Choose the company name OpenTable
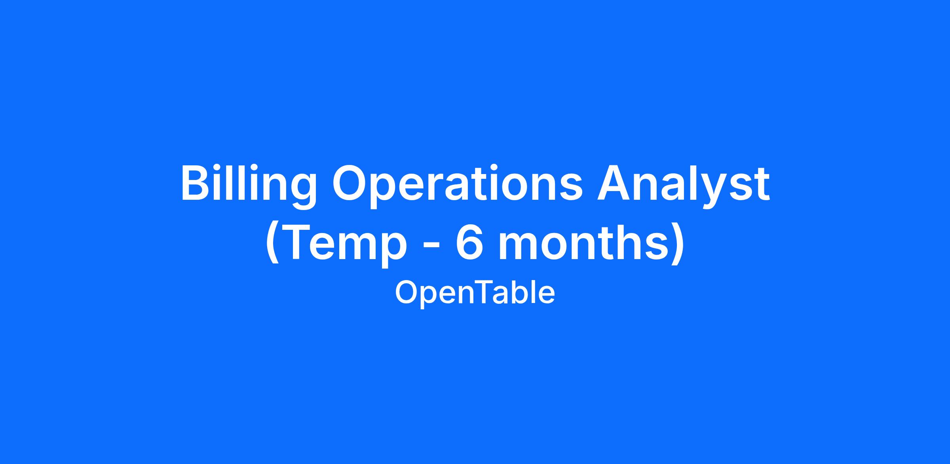pos(475,293)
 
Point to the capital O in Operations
pos(351,183)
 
